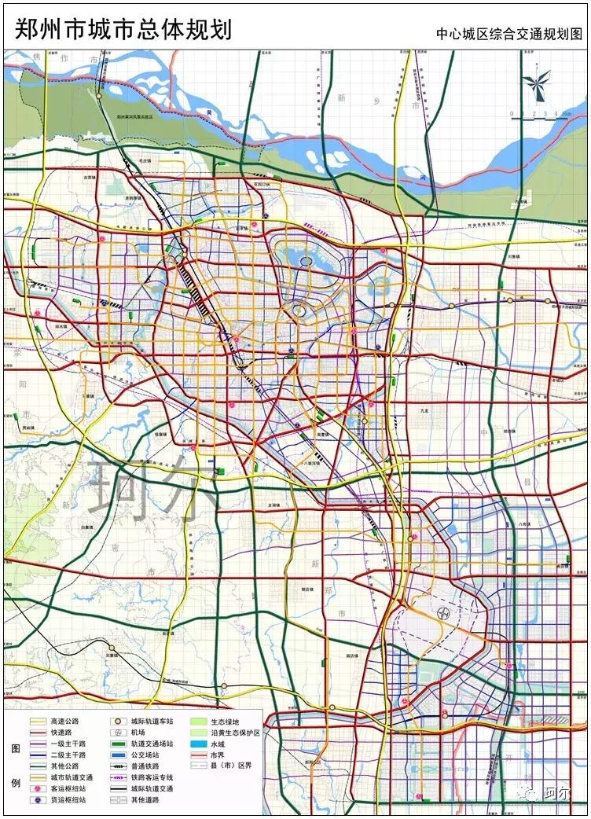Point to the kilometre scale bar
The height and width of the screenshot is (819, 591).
point(542,114)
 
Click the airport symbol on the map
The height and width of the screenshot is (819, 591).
point(442,612)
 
